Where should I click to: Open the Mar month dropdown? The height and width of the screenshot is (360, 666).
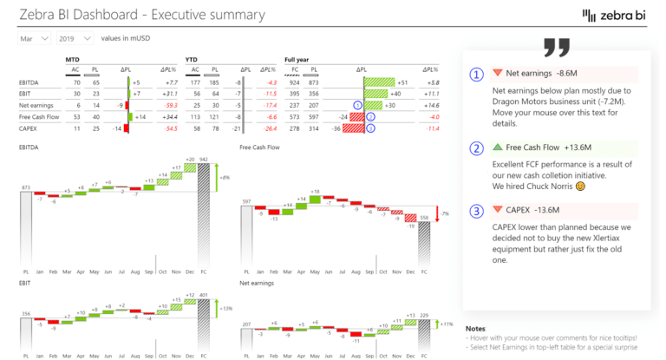(34, 39)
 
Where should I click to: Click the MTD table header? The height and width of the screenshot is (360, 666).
(73, 59)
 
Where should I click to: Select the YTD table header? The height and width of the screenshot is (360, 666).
(193, 59)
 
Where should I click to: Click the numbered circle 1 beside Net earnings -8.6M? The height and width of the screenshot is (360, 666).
(476, 75)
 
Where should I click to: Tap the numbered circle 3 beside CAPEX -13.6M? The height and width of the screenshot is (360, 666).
(476, 210)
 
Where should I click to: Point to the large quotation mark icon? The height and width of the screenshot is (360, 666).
(556, 49)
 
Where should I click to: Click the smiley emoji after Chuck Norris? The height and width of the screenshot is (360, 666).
(580, 186)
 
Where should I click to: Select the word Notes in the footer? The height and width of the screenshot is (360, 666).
(475, 329)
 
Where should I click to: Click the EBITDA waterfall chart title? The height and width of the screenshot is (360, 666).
(29, 147)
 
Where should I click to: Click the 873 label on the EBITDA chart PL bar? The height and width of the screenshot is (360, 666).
(26, 187)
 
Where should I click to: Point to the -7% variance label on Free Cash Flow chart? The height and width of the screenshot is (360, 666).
(445, 213)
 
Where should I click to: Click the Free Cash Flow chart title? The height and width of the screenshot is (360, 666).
(259, 147)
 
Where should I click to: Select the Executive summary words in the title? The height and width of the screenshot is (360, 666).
(199, 16)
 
